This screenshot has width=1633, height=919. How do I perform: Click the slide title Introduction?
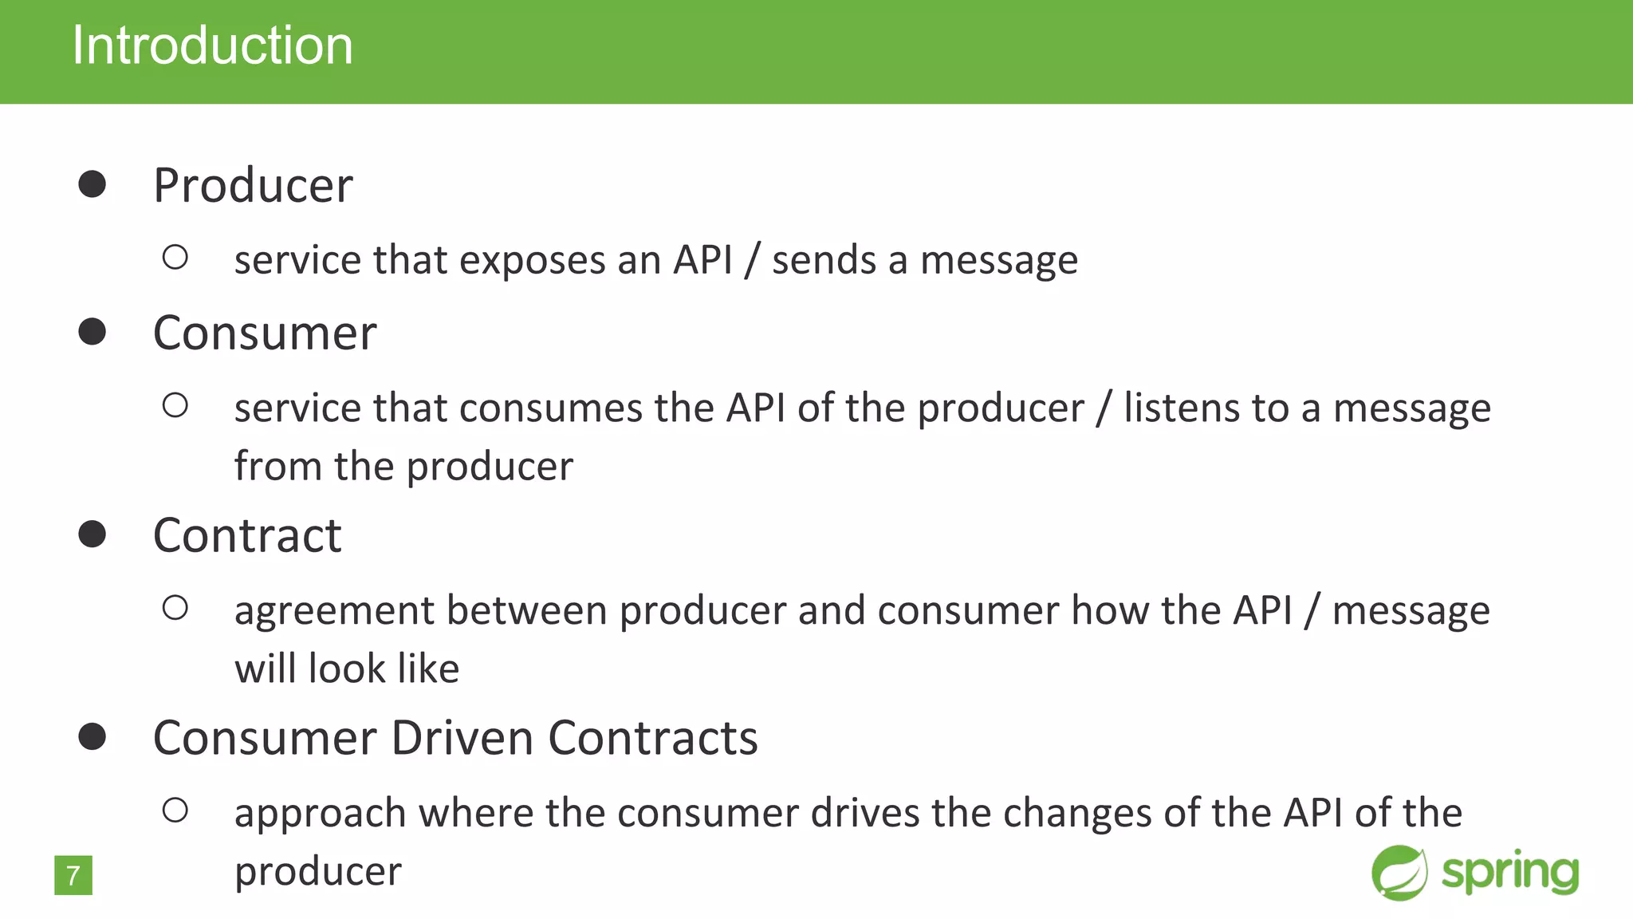coord(212,45)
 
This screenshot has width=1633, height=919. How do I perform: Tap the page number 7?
coord(73,875)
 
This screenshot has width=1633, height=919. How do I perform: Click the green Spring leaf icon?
coord(1399,873)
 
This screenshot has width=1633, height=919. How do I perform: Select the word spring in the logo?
coord(1509,873)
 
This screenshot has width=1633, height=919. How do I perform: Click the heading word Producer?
coord(253,185)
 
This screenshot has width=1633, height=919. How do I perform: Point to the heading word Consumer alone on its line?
coord(265,333)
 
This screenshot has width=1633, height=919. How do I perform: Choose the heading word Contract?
coord(247,535)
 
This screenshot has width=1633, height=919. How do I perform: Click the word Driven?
coord(462,738)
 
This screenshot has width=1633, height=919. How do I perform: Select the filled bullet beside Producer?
coord(92,184)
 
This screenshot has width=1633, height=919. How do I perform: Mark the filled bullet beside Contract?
coord(92,534)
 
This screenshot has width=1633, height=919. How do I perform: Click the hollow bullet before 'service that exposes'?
coord(175,258)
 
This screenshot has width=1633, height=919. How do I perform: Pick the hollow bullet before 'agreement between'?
coord(175,609)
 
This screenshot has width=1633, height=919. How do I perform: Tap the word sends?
coord(824,261)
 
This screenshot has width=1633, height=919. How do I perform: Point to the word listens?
coord(1182,408)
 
